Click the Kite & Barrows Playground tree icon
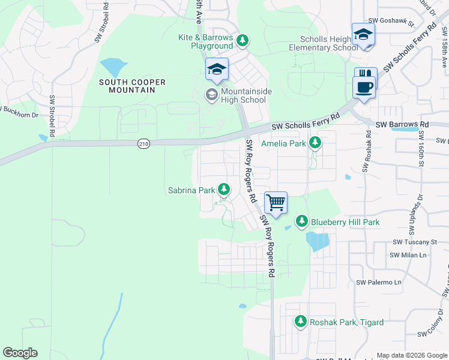(242, 41)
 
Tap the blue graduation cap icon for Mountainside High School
(217, 70)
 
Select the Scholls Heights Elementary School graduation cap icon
(364, 34)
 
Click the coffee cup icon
(364, 88)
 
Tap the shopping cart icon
(276, 203)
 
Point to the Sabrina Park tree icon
(224, 190)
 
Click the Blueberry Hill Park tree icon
(303, 222)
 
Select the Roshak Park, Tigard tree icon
(301, 322)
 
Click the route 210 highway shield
(143, 143)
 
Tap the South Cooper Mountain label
(127, 86)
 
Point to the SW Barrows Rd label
(402, 124)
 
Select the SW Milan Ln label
(408, 255)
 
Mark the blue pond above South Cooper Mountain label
(113, 65)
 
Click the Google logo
(20, 353)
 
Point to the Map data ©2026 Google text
(412, 355)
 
